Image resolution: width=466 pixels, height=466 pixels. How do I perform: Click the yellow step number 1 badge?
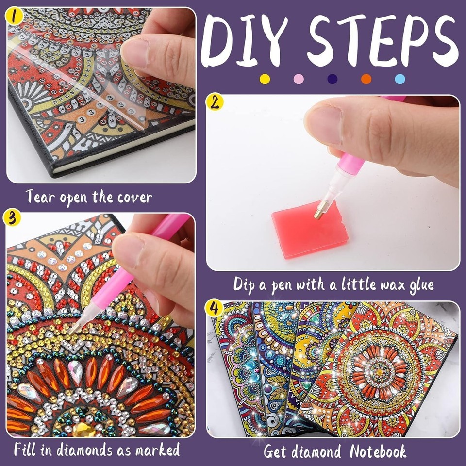[x=14, y=16]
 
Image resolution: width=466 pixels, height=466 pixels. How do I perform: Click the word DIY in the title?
[x=245, y=41]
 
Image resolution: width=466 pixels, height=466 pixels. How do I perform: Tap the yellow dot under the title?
[x=265, y=79]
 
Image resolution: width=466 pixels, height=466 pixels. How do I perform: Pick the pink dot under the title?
[x=299, y=79]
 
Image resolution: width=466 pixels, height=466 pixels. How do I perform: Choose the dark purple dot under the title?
[x=332, y=79]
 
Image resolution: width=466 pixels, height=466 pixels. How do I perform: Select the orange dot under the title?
[x=366, y=79]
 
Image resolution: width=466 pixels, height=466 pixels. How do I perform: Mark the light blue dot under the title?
[x=400, y=79]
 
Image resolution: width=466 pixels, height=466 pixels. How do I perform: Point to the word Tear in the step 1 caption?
[x=40, y=197]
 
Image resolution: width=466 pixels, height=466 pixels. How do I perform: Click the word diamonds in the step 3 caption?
[x=84, y=449]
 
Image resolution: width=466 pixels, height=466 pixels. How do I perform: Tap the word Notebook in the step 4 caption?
[x=378, y=452]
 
